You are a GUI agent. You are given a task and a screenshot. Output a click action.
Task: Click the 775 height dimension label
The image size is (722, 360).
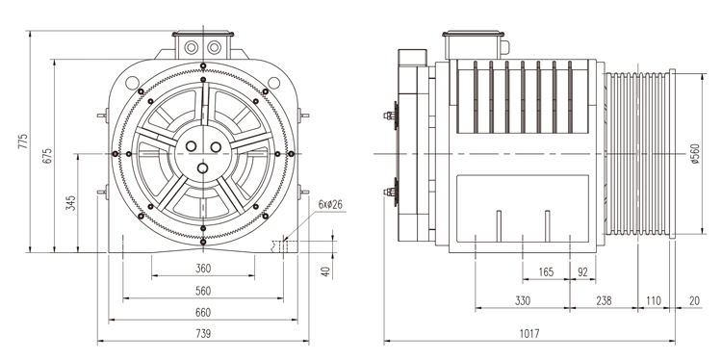point(22,141)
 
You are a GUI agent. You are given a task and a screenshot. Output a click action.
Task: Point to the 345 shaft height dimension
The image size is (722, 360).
point(70,203)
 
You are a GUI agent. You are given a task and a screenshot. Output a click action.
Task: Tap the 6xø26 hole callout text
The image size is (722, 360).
point(330,204)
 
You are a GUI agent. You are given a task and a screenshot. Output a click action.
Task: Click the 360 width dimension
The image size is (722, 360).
point(203,268)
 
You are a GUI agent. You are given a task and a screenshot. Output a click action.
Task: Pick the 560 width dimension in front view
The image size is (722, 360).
point(203,291)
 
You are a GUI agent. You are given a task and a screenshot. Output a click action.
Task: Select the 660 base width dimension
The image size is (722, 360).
point(203,313)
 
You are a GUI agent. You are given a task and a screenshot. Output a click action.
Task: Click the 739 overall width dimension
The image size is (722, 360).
point(203,333)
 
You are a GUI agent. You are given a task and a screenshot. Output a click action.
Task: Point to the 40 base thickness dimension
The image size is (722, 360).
point(326,271)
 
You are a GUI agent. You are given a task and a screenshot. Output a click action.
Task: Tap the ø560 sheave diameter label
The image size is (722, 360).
point(695,154)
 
